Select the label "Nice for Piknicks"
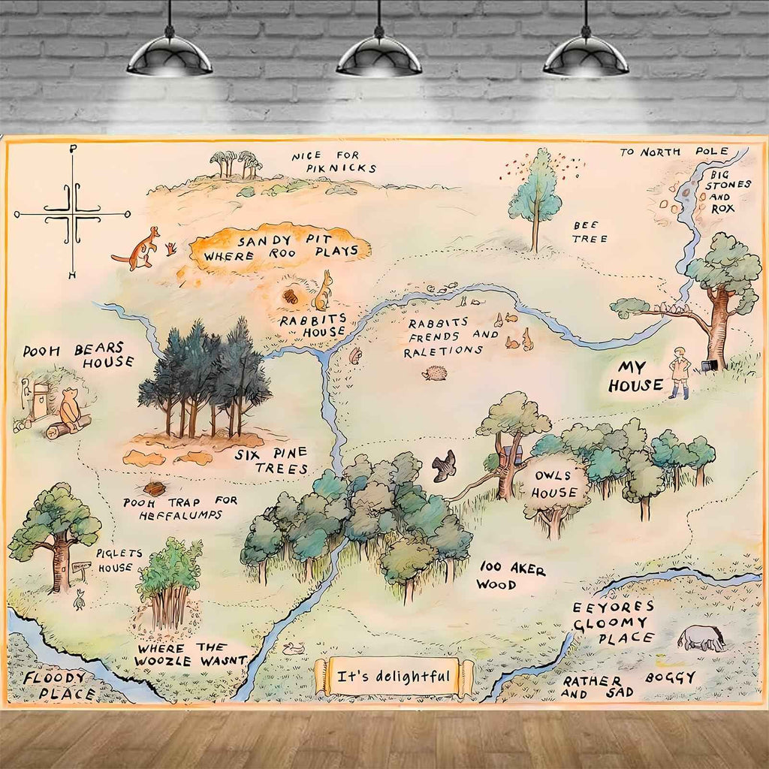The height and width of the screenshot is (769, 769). click(334, 161)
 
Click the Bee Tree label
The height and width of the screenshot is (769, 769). click(590, 231)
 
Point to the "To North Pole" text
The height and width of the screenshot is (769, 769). click(673, 152)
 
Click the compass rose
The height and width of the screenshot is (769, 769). click(72, 213)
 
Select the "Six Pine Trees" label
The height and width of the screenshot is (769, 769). click(270, 460)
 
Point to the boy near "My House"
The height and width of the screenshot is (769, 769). click(681, 372)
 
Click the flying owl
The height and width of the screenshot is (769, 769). click(444, 466)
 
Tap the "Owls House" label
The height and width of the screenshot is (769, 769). click(556, 484)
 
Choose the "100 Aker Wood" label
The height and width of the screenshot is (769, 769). click(511, 575)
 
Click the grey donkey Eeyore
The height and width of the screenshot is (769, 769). click(703, 638)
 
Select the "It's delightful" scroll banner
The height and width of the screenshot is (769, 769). click(394, 677)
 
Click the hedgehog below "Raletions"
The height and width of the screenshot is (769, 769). click(435, 372)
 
